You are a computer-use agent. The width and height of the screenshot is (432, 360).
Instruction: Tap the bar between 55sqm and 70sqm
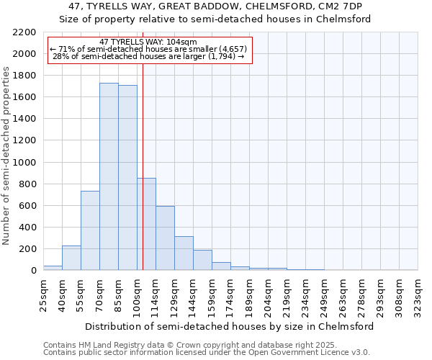[90, 230]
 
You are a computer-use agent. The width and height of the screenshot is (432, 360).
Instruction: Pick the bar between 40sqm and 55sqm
[71, 258]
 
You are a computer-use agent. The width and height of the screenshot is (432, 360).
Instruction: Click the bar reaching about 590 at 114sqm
[165, 238]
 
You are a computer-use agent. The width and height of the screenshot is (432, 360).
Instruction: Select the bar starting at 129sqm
[184, 253]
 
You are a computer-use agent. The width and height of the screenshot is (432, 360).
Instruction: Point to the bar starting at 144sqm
[202, 260]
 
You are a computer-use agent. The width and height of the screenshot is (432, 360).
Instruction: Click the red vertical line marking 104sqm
[143, 166]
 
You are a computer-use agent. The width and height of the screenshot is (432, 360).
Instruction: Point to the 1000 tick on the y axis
[26, 163]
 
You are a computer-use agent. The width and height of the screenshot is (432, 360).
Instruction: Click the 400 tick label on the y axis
[29, 228]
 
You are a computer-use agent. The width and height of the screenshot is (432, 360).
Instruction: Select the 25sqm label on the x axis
[44, 294]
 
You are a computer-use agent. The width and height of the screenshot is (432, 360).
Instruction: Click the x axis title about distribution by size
[230, 326]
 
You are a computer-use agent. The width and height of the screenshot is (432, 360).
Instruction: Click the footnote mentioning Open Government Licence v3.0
[207, 352]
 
